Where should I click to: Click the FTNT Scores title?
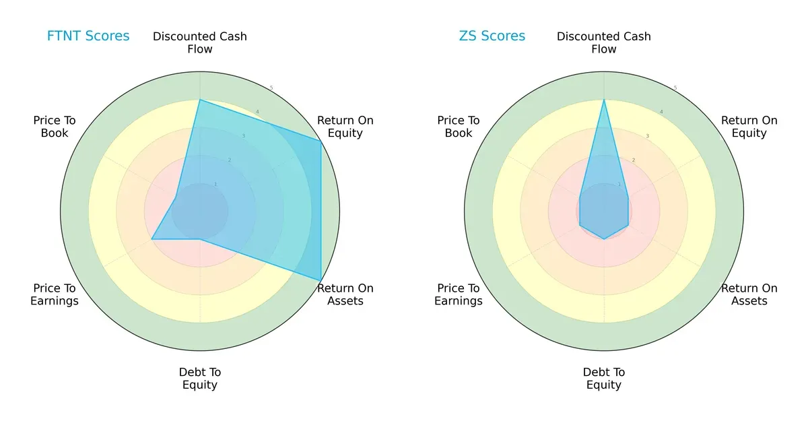pos(88,36)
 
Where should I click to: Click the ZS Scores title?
pos(492,36)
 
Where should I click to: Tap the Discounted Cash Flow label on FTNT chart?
pos(200,42)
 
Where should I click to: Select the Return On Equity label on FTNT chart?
pos(345,127)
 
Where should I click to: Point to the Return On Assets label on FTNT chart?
pos(345,294)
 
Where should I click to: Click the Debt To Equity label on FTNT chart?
pos(200,379)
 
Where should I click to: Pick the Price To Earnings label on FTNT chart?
pos(55,294)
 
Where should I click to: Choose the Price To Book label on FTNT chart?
pos(55,127)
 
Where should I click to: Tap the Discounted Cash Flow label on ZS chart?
pos(604,42)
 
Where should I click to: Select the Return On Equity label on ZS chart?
pos(749,127)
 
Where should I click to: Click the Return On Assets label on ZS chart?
pos(749,294)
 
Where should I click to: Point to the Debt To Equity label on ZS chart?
pos(604,379)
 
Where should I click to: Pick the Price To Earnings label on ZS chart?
pos(459,294)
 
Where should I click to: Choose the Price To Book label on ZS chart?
pos(459,127)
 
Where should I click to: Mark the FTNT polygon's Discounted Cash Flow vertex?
pos(200,100)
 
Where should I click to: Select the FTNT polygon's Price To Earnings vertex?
pos(151,239)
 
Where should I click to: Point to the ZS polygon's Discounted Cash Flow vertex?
pos(604,100)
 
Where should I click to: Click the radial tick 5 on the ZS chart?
pos(675,88)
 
